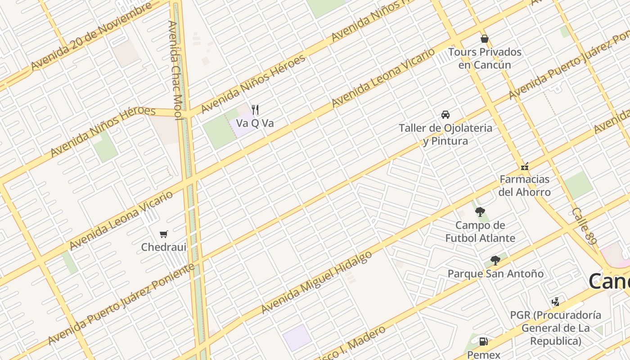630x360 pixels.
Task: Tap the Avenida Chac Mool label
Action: [175, 70]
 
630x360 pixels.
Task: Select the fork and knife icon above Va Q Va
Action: [255, 109]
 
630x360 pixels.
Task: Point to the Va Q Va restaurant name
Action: [255, 123]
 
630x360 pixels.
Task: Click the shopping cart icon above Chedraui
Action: [164, 234]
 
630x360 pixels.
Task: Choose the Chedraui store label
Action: [164, 247]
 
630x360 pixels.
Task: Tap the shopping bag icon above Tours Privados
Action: [485, 39]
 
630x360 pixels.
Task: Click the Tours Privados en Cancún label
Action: [485, 58]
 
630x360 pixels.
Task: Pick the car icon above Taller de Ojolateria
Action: [445, 115]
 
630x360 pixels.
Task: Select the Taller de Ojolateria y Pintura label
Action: [445, 135]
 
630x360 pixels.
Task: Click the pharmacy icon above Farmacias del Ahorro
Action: [525, 166]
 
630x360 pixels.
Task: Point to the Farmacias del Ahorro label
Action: [525, 185]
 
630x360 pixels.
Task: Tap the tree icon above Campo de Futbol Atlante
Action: [480, 212]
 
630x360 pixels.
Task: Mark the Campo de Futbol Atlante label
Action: [480, 231]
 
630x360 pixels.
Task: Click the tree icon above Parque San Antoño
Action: [495, 261]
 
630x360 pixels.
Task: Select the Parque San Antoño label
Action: [495, 274]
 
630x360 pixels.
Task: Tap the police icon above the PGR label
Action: [556, 302]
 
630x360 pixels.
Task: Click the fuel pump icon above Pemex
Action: [483, 342]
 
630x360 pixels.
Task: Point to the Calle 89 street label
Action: [584, 226]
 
